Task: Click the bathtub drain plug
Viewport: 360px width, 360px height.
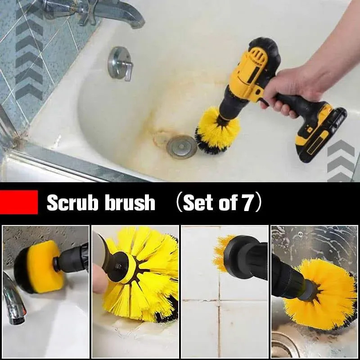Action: pos(182,147)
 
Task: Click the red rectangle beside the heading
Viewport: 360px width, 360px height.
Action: pos(19,202)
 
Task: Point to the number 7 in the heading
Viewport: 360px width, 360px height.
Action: pos(248,203)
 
